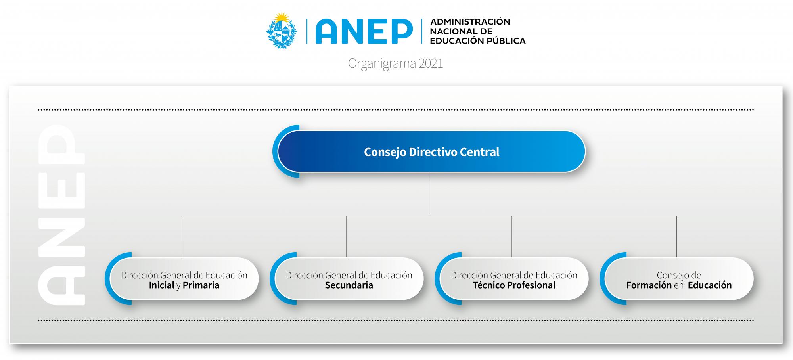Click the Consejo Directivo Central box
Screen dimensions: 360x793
coord(431,152)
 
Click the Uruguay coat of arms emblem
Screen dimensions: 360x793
coord(282,31)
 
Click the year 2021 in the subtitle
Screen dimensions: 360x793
coord(430,63)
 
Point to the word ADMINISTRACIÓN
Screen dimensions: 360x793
coord(470,22)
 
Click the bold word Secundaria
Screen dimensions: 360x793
coord(349,285)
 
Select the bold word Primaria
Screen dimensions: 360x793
coord(201,285)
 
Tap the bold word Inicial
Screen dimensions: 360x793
coord(161,285)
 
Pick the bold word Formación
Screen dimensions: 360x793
coord(649,285)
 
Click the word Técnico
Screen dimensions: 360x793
coord(487,285)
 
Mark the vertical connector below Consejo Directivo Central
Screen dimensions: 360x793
coord(429,194)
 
